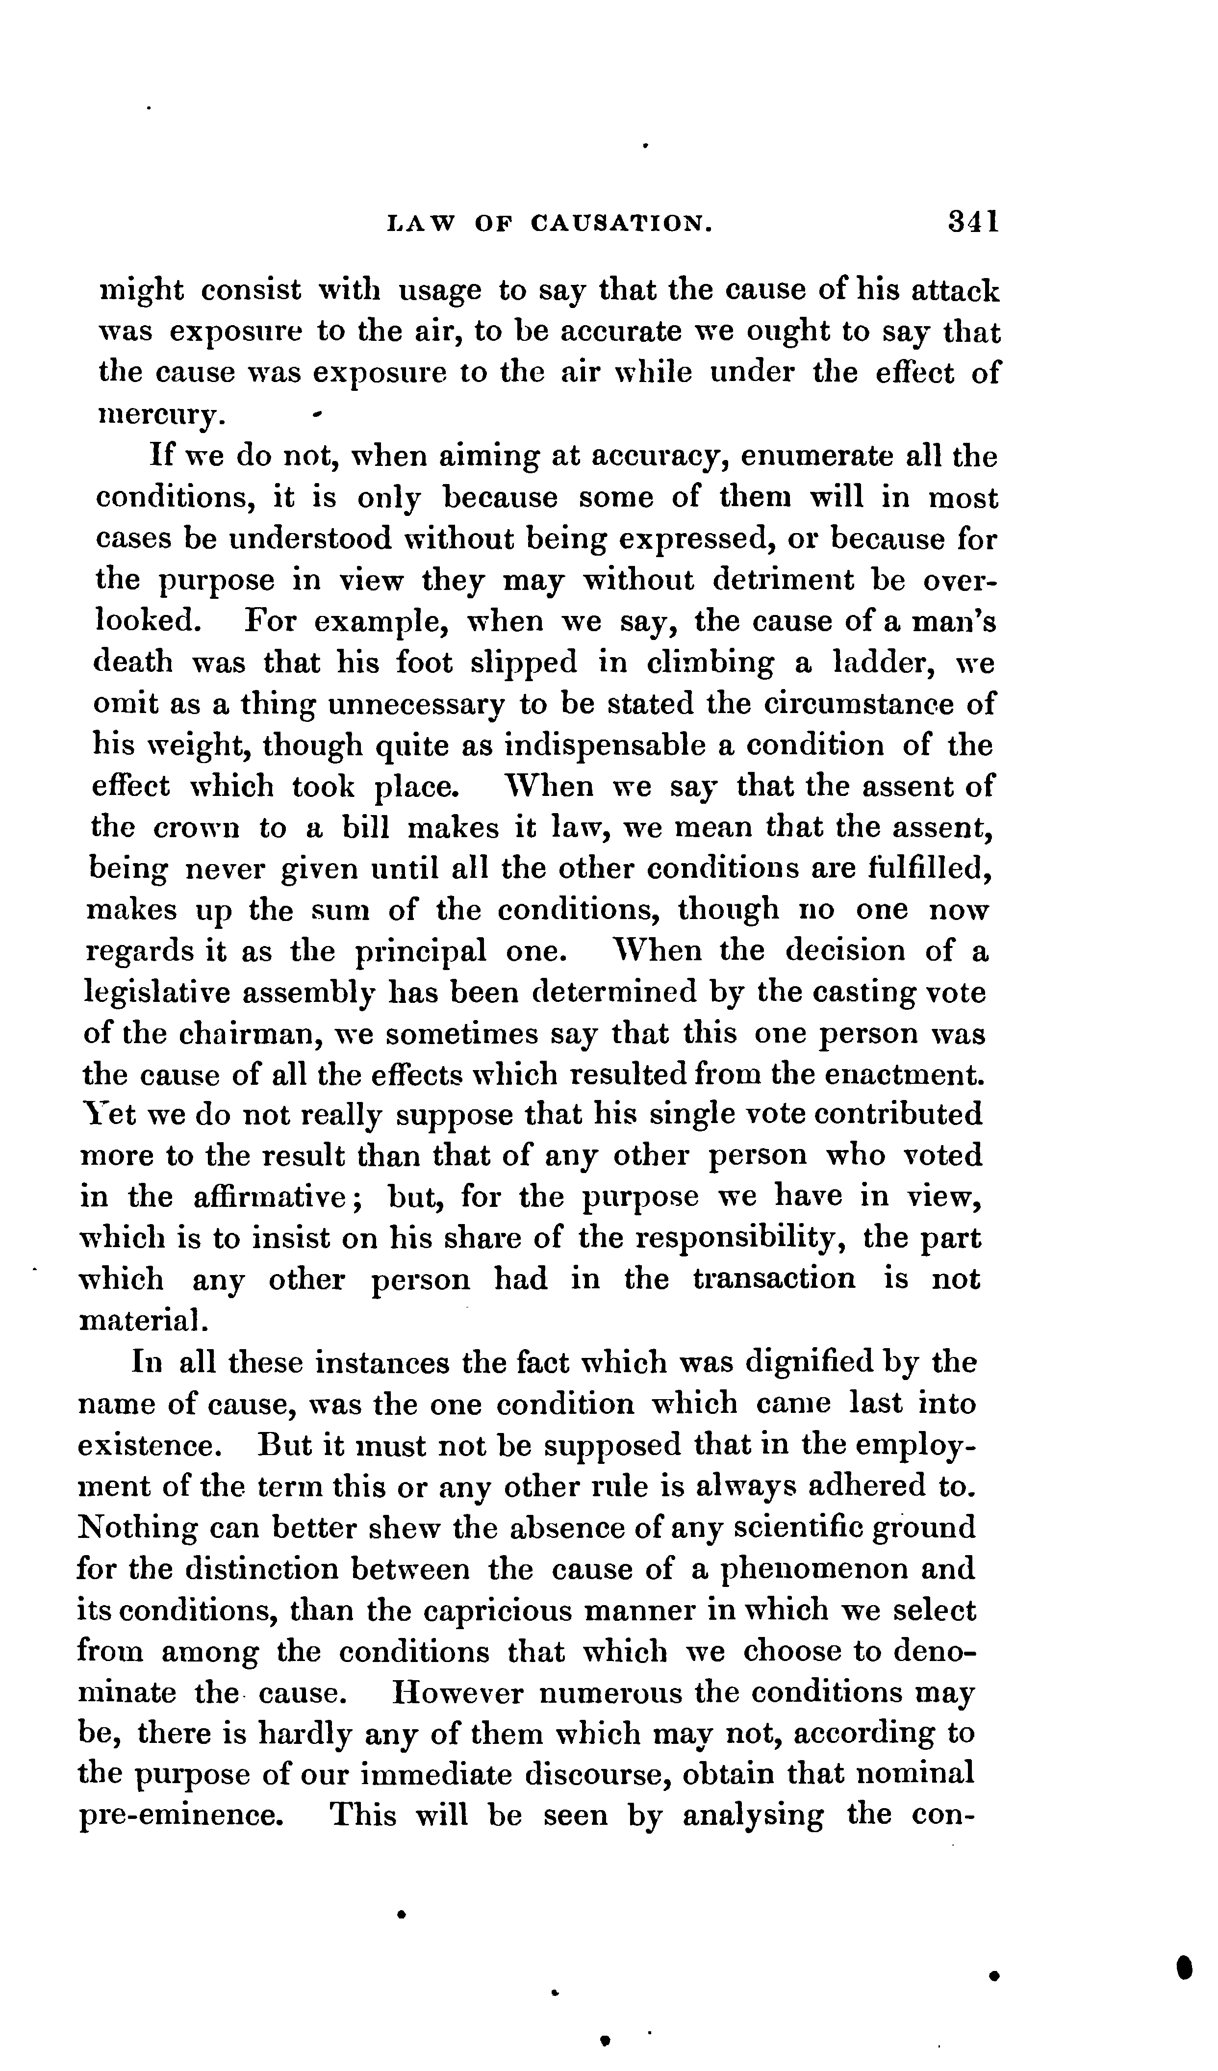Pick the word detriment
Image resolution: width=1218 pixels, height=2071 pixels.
coord(784,580)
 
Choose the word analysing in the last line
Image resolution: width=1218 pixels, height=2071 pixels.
coord(753,1816)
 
